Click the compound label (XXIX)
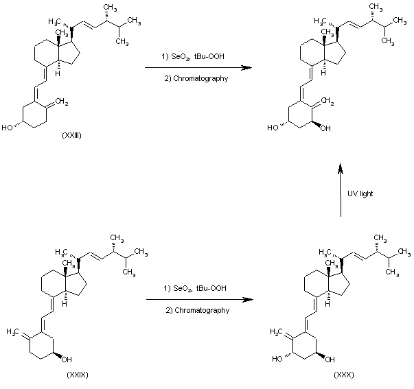click(78, 375)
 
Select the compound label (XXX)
click(343, 375)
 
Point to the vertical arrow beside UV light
click(340, 192)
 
